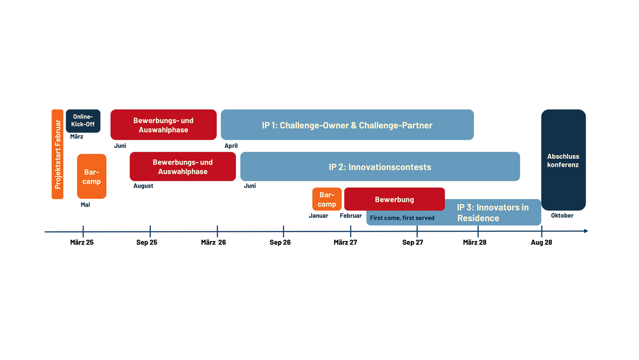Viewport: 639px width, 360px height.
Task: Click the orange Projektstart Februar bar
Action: tap(57, 154)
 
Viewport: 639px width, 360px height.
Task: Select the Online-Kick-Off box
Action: tap(83, 121)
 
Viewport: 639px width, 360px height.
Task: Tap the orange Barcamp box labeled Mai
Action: tap(92, 176)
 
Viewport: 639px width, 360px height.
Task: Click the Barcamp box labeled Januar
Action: tap(327, 199)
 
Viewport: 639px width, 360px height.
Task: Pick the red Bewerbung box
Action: tap(395, 199)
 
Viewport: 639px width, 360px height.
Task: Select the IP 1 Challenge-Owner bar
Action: tap(347, 124)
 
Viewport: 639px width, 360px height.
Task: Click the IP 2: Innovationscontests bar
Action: tap(380, 166)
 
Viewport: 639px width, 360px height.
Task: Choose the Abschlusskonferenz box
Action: tap(563, 160)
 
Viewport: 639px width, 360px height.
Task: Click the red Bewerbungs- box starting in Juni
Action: tap(163, 124)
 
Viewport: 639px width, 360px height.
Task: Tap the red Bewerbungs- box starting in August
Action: tap(183, 166)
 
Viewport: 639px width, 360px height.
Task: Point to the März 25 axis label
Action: tap(82, 242)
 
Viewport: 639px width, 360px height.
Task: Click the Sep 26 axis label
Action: tap(280, 242)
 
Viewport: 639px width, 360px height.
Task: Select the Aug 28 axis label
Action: tap(541, 242)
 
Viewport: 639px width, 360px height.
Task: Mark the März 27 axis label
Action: tap(345, 242)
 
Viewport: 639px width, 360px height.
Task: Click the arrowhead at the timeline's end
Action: tap(586, 231)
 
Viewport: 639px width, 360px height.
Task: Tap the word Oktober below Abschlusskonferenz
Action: tap(562, 216)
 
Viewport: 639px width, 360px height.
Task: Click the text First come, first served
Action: tap(402, 218)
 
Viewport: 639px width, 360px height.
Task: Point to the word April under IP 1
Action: tap(231, 146)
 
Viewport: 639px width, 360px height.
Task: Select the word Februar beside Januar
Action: tap(350, 216)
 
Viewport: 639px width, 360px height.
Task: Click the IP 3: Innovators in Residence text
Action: tap(493, 213)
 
